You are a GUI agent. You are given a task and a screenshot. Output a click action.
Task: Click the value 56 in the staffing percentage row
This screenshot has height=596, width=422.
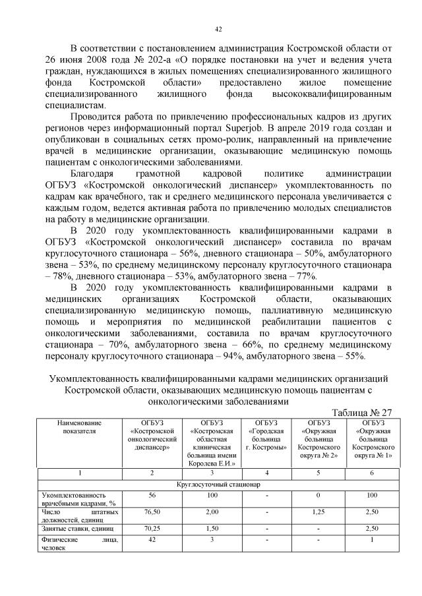[152, 494]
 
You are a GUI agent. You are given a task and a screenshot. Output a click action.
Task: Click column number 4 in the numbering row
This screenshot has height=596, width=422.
[266, 473]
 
